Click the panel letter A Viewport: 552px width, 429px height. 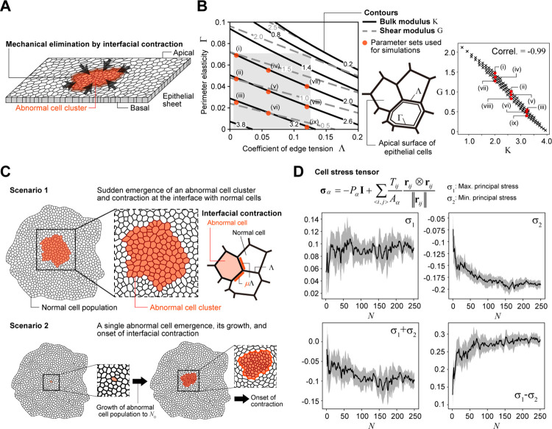click(7, 7)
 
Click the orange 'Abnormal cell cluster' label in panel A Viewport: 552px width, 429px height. click(50, 116)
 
